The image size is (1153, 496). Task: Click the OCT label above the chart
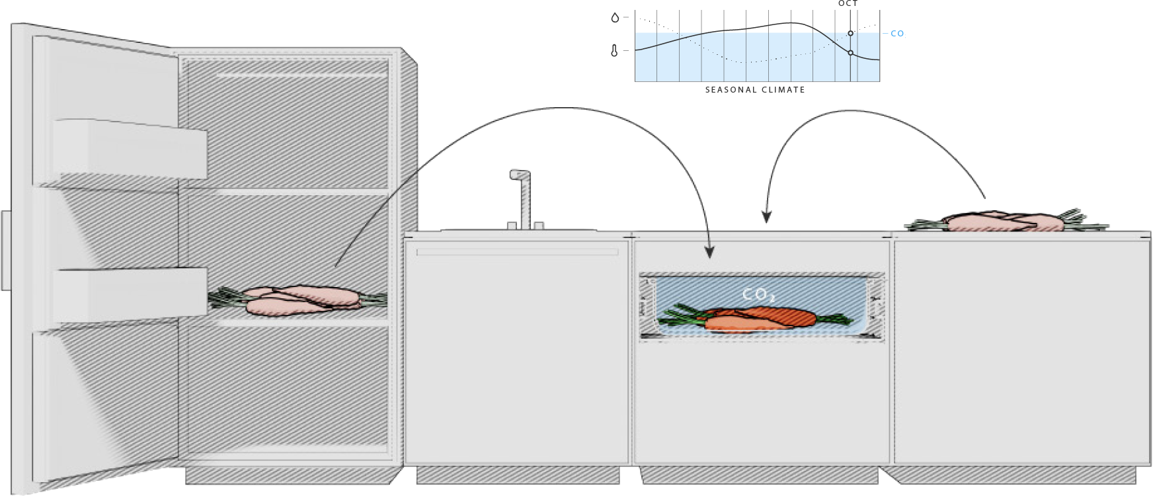pos(848,4)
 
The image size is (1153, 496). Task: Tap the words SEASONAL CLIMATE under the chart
pos(755,90)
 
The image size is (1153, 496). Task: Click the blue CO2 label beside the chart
pos(897,34)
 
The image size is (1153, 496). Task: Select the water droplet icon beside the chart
pos(615,18)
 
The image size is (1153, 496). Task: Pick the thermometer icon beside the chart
pos(614,50)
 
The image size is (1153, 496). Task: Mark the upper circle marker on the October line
pos(851,33)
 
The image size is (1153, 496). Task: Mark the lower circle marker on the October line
pos(851,53)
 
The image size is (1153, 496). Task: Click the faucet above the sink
pos(522,198)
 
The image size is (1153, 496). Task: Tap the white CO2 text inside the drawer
pos(758,295)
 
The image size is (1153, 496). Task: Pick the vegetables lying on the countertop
pos(1005,222)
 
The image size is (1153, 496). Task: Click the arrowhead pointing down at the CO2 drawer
pos(709,252)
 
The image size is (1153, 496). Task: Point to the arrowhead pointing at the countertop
pos(766,217)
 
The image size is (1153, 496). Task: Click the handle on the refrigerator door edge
pos(5,251)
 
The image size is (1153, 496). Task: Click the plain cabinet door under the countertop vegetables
pos(1021,351)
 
